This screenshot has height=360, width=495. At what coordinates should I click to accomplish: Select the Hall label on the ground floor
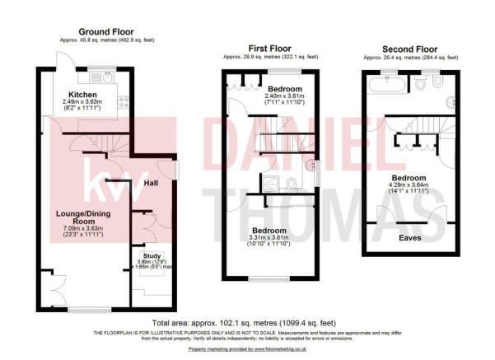pyautogui.click(x=151, y=183)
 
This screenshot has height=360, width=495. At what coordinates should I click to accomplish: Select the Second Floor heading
pyautogui.click(x=409, y=49)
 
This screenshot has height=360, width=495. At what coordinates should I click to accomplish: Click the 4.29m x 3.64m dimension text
pyautogui.click(x=409, y=185)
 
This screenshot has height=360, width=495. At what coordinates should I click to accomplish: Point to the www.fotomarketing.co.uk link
pyautogui.click(x=279, y=350)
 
